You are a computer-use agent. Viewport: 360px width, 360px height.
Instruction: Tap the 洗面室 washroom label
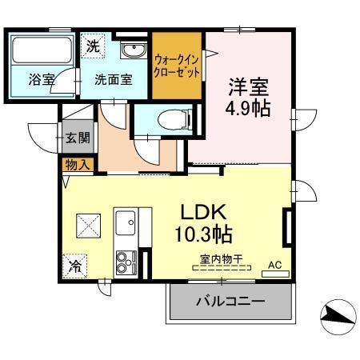113,79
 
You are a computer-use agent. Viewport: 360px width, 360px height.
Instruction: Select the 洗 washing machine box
94,46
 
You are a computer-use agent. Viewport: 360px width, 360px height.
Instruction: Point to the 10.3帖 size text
204,235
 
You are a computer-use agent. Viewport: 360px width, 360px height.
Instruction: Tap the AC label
274,264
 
